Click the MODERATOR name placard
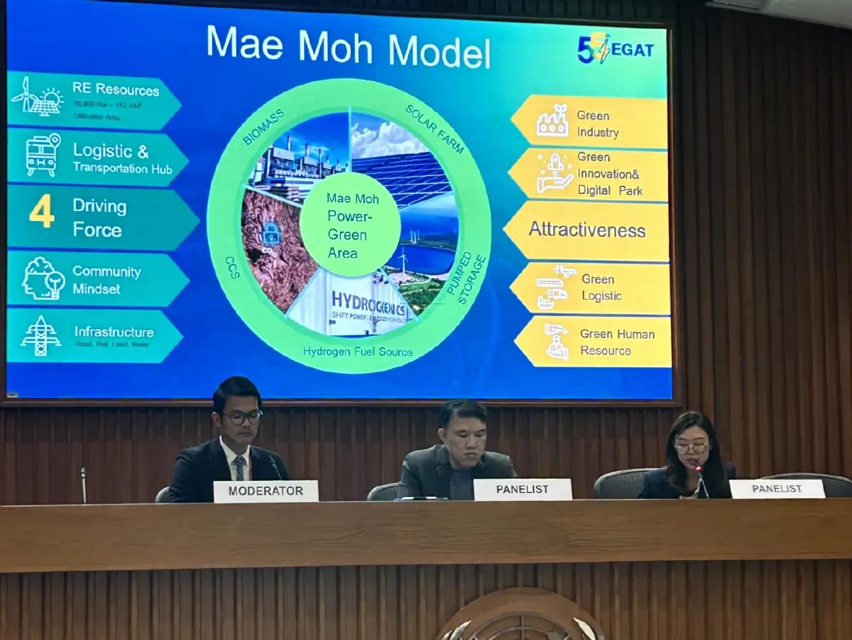(x=266, y=491)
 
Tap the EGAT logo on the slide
(x=615, y=49)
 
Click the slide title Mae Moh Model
(x=348, y=48)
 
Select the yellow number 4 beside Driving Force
(x=41, y=212)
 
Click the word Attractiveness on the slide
(x=586, y=230)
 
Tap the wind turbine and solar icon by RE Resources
(x=36, y=97)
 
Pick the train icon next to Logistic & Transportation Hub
(x=43, y=155)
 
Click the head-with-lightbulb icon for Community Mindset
(x=43, y=278)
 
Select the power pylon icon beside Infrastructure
(x=40, y=335)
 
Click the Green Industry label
(x=597, y=124)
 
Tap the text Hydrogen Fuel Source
(x=357, y=352)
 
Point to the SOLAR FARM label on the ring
(x=435, y=129)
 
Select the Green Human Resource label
(x=616, y=342)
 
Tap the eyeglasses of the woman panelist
(x=691, y=448)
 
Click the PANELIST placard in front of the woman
(x=777, y=489)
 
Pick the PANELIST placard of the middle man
(x=522, y=489)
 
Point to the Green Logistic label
(x=601, y=288)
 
